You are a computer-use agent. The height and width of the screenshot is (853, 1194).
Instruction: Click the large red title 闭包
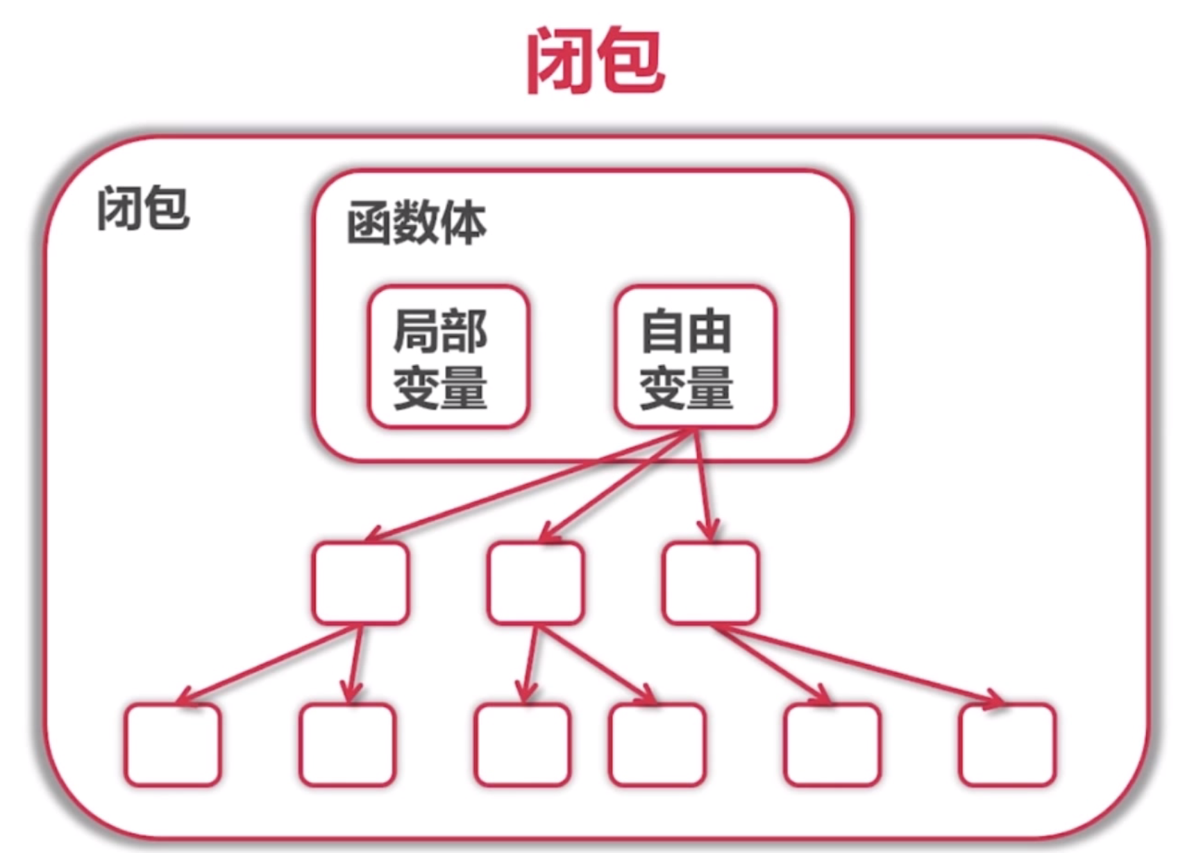[595, 60]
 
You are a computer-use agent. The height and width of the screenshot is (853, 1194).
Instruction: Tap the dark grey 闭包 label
[143, 208]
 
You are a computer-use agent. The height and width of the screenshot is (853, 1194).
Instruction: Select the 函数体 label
[417, 223]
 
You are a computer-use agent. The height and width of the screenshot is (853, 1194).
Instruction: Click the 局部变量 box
[448, 356]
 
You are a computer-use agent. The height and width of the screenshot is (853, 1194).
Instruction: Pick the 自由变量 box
[695, 356]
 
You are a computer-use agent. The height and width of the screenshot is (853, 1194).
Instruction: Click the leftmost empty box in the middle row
[360, 583]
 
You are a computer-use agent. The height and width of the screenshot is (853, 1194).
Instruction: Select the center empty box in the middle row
[535, 583]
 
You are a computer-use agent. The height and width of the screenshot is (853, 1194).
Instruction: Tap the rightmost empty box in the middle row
[711, 583]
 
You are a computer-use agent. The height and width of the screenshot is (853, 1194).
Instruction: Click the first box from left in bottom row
[173, 745]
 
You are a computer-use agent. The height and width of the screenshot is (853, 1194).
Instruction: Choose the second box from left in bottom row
[347, 745]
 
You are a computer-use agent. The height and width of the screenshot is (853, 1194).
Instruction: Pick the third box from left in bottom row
[523, 745]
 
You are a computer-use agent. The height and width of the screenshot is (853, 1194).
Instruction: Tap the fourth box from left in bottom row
[657, 745]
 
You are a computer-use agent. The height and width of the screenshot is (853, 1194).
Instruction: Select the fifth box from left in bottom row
[832, 745]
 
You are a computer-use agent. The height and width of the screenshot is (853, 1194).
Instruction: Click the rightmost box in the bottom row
[1008, 745]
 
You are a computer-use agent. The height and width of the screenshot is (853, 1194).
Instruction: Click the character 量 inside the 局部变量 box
[464, 388]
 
